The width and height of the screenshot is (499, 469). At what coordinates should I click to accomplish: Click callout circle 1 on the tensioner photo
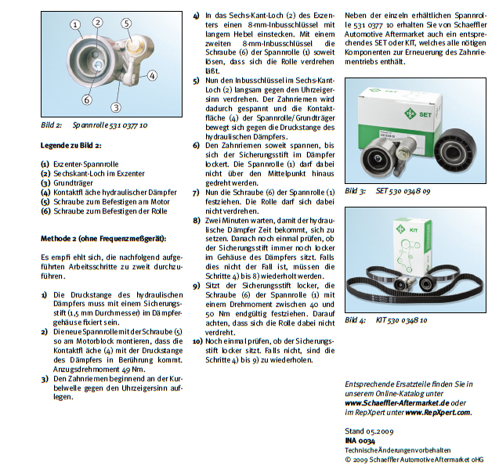76,25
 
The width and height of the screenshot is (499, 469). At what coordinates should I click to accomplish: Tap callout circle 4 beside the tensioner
151,75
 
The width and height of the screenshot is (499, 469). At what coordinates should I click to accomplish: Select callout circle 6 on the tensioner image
86,99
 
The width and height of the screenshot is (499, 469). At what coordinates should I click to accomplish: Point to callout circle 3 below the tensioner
115,107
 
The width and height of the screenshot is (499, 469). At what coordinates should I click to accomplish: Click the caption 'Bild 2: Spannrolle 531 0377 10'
95,125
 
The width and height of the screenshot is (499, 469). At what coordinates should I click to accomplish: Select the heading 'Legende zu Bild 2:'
71,146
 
